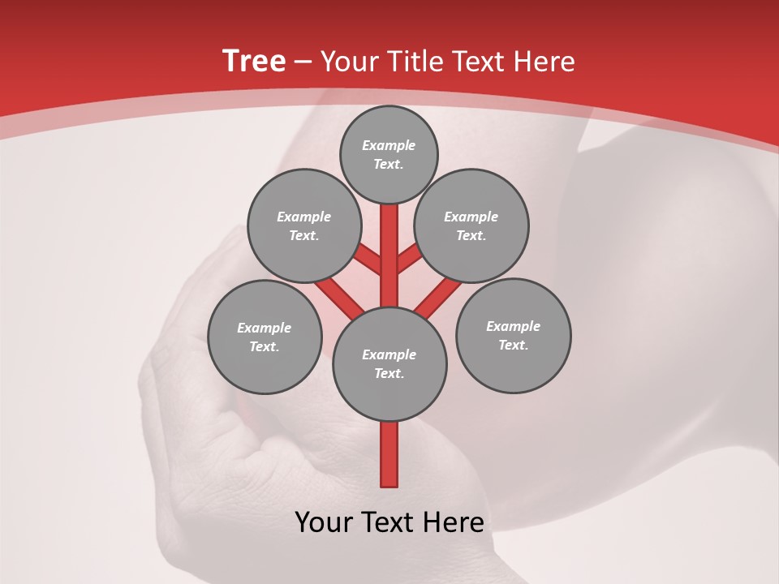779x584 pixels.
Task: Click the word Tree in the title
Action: [x=254, y=61]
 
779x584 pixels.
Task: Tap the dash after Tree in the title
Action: [x=303, y=62]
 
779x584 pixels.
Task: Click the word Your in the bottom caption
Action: [x=324, y=522]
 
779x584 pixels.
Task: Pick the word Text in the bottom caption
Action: [x=389, y=522]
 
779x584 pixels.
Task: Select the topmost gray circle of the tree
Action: [x=389, y=154]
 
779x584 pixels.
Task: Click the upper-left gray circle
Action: [x=303, y=225]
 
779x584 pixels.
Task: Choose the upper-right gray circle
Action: [x=471, y=225]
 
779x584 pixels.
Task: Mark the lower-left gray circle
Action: [x=265, y=337]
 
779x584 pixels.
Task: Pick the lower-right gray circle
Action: [x=513, y=335]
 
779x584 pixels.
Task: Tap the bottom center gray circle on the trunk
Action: [x=389, y=363]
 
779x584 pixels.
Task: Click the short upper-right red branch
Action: [x=409, y=260]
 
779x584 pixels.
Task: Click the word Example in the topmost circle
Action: [x=389, y=145]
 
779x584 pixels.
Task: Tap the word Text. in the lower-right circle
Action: [x=513, y=345]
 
